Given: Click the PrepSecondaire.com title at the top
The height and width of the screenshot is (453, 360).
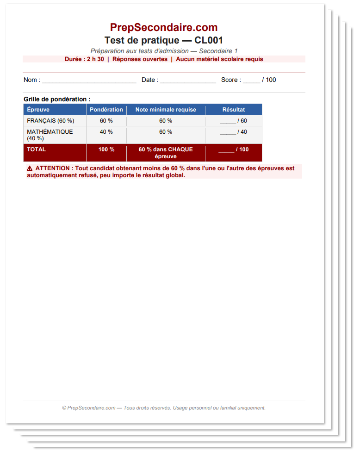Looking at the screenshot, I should [x=164, y=27].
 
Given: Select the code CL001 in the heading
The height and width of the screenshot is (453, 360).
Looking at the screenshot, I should [x=209, y=40].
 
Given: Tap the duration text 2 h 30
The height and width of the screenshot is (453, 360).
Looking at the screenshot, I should [x=95, y=59].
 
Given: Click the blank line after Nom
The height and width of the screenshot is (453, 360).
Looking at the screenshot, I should [x=89, y=81].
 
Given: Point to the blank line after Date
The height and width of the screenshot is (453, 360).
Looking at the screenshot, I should [x=188, y=81].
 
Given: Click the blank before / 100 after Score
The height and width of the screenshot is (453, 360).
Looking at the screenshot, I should [x=251, y=81].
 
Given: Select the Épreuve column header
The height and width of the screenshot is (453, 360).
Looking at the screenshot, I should [x=38, y=110].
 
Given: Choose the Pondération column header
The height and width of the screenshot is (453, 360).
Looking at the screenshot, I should [x=106, y=110].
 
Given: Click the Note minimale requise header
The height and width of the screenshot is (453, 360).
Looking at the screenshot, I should [x=166, y=110].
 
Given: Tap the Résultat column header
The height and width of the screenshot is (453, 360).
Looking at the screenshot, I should [x=234, y=110].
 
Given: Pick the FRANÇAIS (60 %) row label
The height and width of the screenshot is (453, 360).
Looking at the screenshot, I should [x=50, y=121].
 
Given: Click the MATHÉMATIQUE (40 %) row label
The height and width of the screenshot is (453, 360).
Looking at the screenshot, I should [x=50, y=135].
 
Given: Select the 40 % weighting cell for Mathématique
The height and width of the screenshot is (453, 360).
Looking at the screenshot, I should [x=106, y=132].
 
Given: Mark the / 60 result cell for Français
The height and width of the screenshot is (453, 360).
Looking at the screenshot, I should [x=234, y=121].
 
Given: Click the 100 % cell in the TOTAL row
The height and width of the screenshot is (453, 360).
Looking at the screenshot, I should [x=106, y=149].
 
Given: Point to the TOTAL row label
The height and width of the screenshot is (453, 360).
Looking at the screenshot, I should [x=37, y=149].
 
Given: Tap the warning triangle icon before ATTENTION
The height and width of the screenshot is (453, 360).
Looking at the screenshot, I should [x=30, y=168].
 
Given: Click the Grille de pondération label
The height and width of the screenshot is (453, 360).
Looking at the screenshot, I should [x=57, y=99].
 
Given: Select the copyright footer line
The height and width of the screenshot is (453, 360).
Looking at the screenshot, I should [x=164, y=408].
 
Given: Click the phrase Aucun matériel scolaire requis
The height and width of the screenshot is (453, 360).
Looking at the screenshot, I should [x=219, y=59].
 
